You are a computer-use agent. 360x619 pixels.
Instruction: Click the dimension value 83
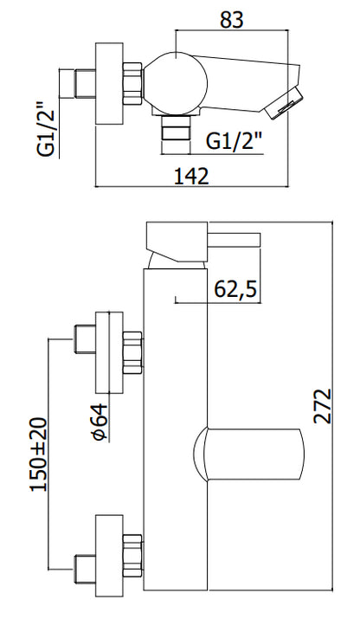(x=232, y=20)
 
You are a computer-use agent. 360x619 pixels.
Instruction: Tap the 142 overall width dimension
(x=191, y=176)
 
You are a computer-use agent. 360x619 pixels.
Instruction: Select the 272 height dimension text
(x=322, y=406)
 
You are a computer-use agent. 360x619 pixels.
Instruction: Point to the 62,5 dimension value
(x=235, y=288)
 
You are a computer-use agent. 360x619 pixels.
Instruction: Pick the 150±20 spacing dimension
(x=39, y=454)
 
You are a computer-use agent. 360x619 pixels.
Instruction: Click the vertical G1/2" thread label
(x=45, y=130)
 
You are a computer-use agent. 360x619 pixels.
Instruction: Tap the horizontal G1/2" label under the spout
(x=235, y=140)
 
